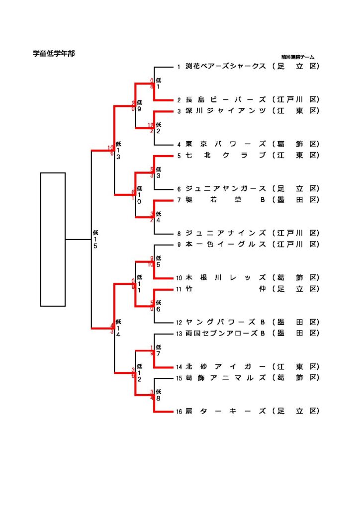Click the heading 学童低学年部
(x=54, y=53)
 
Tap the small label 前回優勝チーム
(x=297, y=58)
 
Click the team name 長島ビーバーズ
(x=226, y=100)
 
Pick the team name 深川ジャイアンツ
(x=226, y=111)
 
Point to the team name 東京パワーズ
(x=226, y=144)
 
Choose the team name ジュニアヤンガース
(x=226, y=189)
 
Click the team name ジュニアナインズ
(x=226, y=233)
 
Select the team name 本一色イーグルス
(x=226, y=245)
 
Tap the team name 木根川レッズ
(x=226, y=278)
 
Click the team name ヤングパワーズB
(x=226, y=322)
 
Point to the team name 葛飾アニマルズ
(x=226, y=378)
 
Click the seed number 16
(x=179, y=412)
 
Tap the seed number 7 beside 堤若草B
(x=179, y=200)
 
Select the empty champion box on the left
(x=53, y=239)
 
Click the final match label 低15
(x=95, y=239)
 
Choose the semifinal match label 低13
(x=118, y=151)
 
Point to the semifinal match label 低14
(x=118, y=328)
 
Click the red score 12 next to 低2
(x=151, y=125)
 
